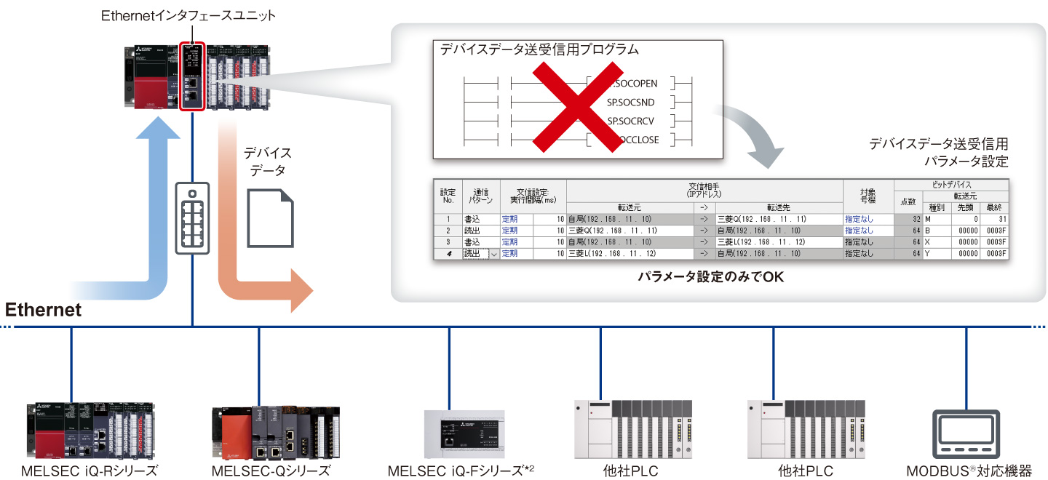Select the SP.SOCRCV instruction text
click(x=630, y=121)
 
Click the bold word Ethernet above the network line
click(x=44, y=311)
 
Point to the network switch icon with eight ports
click(x=192, y=217)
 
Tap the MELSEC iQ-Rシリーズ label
click(x=90, y=471)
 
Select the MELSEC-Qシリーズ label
click(x=271, y=471)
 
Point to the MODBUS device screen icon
click(x=966, y=433)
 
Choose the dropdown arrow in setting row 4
click(x=494, y=254)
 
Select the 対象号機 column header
click(x=868, y=194)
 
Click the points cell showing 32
click(x=908, y=219)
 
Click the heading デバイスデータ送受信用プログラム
click(x=539, y=50)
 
